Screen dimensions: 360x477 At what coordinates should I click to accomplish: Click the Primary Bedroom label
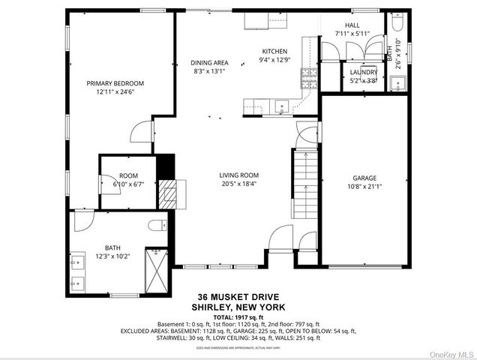click(x=115, y=83)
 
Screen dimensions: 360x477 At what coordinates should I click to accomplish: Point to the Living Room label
click(x=239, y=175)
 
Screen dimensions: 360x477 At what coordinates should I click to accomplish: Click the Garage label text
click(x=364, y=178)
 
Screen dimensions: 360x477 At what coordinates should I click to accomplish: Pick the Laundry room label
click(x=363, y=72)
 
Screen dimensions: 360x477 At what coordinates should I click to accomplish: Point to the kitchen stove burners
click(x=308, y=76)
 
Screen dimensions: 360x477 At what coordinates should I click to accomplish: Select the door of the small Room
click(x=105, y=182)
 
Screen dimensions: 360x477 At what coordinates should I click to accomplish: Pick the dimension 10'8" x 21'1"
click(x=364, y=187)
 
